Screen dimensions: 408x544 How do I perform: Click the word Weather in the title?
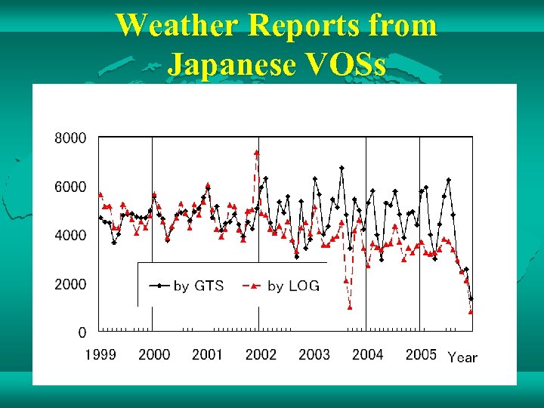[x=178, y=26]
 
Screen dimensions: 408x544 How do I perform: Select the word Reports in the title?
[x=296, y=26]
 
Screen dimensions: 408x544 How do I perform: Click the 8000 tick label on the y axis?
[x=70, y=138]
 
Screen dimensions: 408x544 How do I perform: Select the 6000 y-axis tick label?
[x=70, y=187]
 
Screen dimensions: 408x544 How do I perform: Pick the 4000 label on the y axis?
[x=70, y=235]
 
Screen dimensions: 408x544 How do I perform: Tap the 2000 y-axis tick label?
[x=70, y=284]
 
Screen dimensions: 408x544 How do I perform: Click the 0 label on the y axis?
[x=82, y=332]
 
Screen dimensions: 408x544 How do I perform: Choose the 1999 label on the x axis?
[x=100, y=354]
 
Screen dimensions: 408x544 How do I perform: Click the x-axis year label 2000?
[x=154, y=354]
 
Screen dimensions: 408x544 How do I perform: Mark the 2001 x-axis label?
[x=207, y=354]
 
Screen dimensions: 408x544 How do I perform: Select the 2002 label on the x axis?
[x=261, y=354]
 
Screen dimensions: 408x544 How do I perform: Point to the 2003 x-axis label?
[x=314, y=354]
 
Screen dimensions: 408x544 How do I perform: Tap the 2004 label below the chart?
[x=368, y=354]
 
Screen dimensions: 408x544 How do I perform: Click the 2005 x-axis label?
[x=421, y=354]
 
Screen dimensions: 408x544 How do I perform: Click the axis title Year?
[x=462, y=357]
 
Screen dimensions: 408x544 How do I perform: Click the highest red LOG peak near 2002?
[x=257, y=153]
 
